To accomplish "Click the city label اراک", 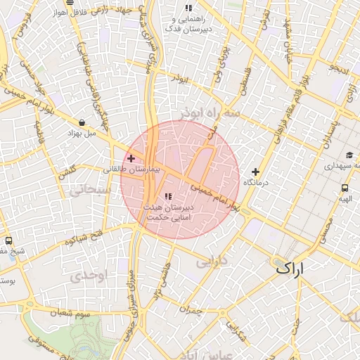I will pos(290,268).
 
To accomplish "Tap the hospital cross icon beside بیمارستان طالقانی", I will pos(131,158).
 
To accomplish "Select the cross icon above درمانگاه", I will pos(255,172).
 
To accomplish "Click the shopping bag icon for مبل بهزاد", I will pos(83,122).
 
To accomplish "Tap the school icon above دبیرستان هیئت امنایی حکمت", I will pos(167,196).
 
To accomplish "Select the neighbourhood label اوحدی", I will pos(88,276).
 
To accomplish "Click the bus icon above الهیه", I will pos(345,188).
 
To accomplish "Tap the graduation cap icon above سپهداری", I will pos(349,156).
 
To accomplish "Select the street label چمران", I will pos(190,310).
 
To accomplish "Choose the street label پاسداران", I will pos(327,138).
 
